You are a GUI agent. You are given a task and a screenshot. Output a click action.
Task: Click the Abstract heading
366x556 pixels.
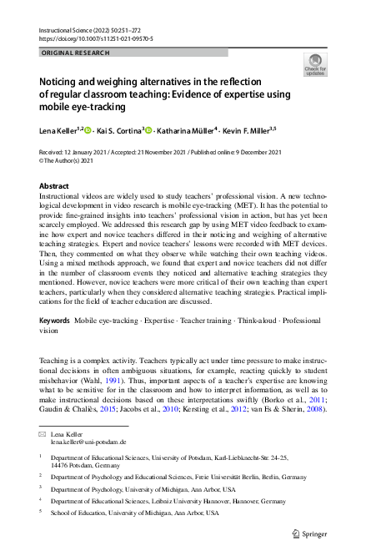click(55, 186)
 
